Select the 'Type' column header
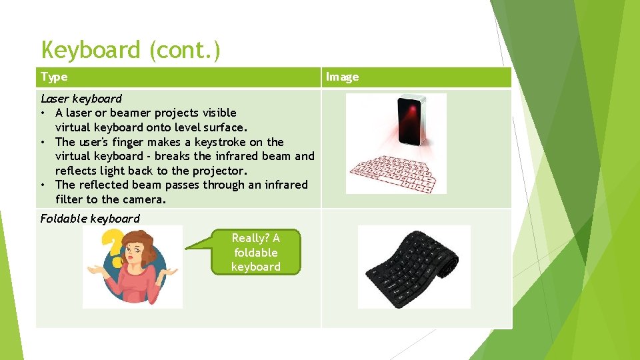coord(54,77)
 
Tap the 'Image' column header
coord(342,77)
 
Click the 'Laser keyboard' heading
coord(81,99)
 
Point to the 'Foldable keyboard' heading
coord(90,219)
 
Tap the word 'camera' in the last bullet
coord(143,199)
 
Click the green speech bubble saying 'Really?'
coord(255,252)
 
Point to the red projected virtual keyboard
coord(395,173)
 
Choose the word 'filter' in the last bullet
coord(70,199)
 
